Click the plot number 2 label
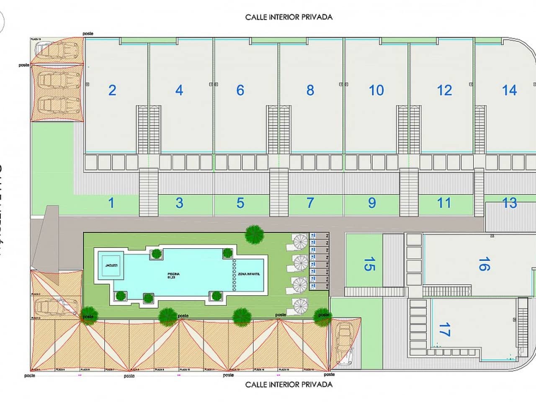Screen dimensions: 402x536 pos(112,90)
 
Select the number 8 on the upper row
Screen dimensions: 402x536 pos(310,90)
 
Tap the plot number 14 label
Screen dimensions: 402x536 pos(509,90)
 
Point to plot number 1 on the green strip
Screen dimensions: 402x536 pos(111,203)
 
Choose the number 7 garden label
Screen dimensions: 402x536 pos(310,203)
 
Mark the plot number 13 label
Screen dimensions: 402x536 pos(510,203)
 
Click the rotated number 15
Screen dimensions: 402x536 pos(369,264)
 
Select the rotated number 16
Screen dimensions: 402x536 pos(484,264)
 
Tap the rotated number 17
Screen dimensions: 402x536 pos(444,329)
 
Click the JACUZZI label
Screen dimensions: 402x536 pos(111,265)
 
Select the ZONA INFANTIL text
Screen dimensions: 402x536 pos(249,273)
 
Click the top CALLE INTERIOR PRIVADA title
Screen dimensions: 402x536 pos(289,17)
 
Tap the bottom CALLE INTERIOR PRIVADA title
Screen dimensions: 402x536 pos(289,384)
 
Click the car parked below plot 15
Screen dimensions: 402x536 pos(345,341)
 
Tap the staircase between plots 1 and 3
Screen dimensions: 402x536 pos(148,192)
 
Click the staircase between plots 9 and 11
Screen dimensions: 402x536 pos(409,192)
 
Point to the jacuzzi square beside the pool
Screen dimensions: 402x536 pos(111,265)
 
